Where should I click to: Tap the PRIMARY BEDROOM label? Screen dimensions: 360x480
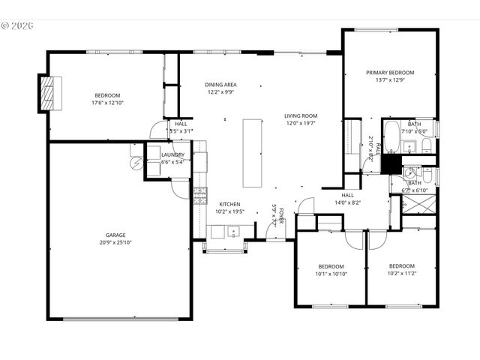390,73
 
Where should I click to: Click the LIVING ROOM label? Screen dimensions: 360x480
301,115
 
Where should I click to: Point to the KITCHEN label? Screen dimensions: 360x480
229,204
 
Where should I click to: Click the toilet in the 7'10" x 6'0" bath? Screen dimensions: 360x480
424,143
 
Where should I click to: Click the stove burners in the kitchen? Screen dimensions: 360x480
200,196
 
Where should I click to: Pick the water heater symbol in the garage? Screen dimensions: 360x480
136,163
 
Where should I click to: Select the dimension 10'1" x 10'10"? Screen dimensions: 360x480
331,274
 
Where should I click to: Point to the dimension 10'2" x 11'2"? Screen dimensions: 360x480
401,274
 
